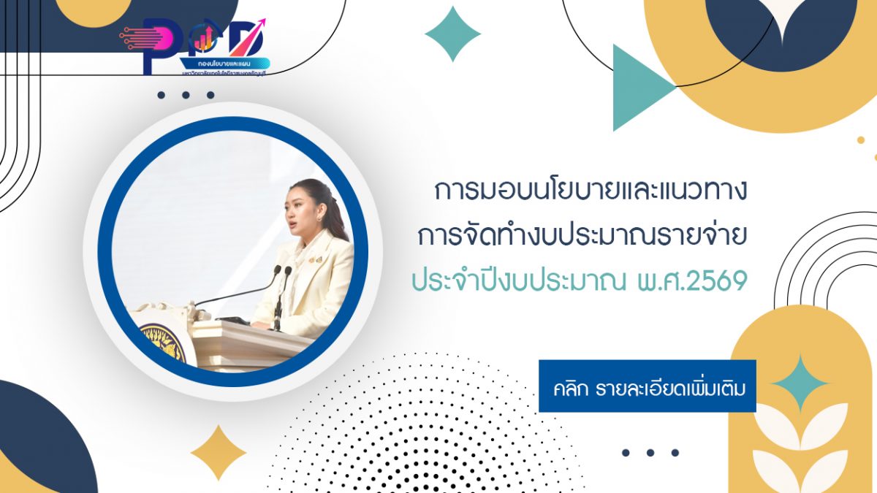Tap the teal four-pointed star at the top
[x=452, y=34]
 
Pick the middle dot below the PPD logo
[x=186, y=95]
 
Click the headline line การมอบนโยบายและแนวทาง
[x=591, y=191]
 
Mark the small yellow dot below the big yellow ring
[x=860, y=140]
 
